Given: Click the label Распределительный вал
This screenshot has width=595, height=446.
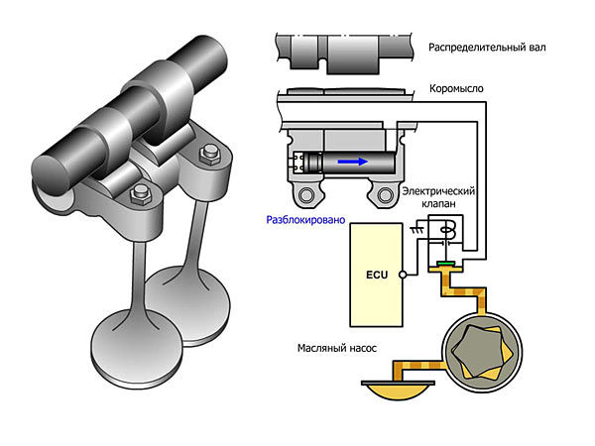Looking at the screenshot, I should click(x=485, y=47).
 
